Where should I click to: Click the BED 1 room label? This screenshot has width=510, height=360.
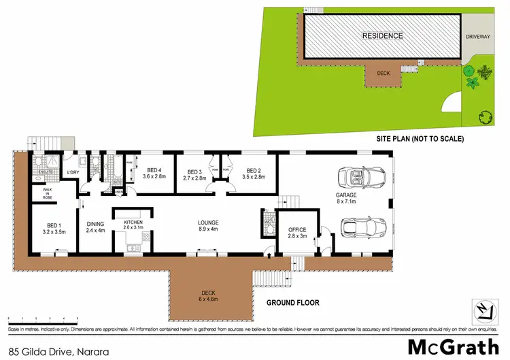pyautogui.click(x=54, y=226)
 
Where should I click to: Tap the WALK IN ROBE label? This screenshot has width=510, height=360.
pyautogui.click(x=48, y=193)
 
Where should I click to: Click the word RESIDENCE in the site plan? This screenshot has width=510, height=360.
pyautogui.click(x=382, y=36)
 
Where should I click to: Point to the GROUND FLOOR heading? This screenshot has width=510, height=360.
pyautogui.click(x=292, y=303)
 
